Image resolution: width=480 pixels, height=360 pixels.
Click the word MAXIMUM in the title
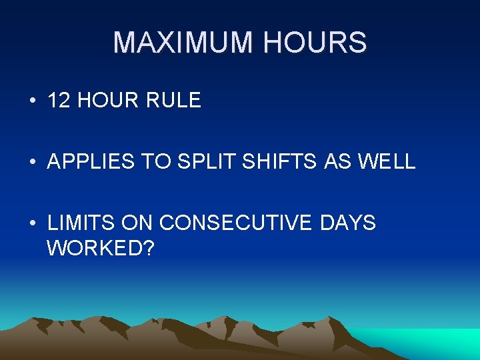183,43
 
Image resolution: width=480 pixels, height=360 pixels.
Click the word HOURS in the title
315,43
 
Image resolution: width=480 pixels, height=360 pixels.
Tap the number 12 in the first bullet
59,101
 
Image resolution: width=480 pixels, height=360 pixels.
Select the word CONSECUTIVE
236,223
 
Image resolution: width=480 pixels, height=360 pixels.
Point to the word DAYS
347,223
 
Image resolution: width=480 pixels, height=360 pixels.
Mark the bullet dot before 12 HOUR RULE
32,101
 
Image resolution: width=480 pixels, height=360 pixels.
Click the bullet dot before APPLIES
32,162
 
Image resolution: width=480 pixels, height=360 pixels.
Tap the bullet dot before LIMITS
32,223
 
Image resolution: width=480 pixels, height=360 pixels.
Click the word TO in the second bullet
145,161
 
